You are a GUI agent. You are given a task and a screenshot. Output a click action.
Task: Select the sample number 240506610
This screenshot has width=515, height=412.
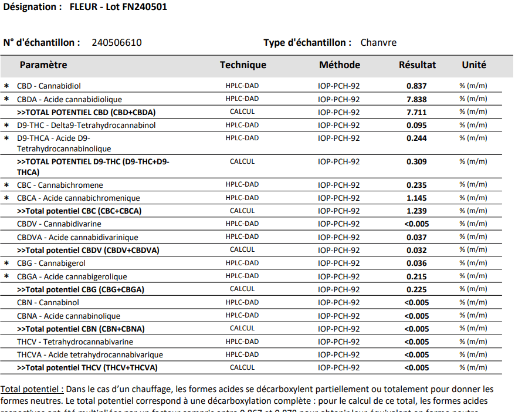(x=117, y=42)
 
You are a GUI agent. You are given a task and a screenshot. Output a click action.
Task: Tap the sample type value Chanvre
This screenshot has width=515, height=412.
(x=378, y=42)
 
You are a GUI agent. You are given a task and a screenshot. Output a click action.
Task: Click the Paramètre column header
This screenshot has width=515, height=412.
(x=43, y=65)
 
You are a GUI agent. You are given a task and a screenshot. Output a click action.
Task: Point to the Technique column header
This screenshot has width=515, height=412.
(x=243, y=65)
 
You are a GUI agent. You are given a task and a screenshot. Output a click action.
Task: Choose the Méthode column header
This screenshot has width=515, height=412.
(x=340, y=65)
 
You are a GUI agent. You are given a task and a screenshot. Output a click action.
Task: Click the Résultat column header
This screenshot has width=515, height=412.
(x=417, y=65)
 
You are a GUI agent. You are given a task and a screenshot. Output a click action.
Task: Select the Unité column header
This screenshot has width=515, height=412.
(x=473, y=65)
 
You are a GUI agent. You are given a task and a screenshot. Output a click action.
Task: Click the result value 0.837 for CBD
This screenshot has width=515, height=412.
(x=416, y=86)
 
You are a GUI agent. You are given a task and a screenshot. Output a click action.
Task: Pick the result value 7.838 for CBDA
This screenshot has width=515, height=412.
(x=416, y=99)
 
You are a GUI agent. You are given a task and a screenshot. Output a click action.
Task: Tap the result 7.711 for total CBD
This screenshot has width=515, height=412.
(x=416, y=112)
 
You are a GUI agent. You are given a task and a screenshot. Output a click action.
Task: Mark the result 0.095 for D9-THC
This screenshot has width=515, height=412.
(x=416, y=125)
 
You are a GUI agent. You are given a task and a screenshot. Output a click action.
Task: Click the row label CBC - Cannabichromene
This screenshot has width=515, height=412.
(x=60, y=185)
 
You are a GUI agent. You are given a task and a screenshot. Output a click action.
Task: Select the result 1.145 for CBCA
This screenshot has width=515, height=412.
(x=416, y=198)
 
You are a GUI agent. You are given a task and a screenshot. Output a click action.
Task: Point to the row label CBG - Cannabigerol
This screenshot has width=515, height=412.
(x=51, y=264)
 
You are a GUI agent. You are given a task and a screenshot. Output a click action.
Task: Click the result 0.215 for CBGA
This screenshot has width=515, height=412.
(x=416, y=276)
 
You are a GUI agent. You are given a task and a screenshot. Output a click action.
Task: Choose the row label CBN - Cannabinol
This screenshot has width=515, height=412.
(x=48, y=302)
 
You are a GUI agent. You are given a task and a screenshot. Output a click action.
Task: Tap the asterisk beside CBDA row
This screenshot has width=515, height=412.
(x=6, y=99)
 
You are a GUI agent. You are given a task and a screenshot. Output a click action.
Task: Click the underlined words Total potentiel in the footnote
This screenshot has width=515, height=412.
(x=32, y=389)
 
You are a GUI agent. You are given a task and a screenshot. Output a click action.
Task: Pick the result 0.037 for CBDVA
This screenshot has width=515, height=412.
(x=416, y=237)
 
